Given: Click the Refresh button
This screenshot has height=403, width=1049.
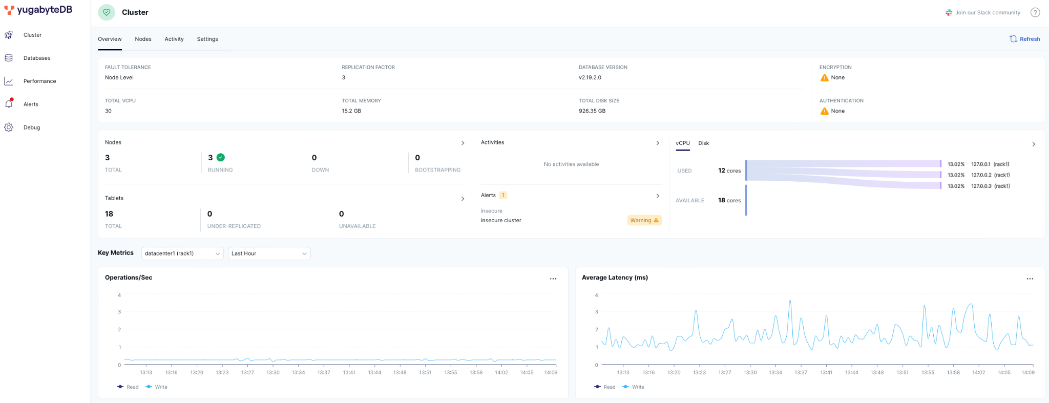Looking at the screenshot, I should pos(1024,39).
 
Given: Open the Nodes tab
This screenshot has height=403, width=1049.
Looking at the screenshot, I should pos(143,39).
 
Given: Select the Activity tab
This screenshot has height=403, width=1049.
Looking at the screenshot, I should pos(174,39).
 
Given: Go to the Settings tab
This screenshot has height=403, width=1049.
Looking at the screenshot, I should pos(207,39).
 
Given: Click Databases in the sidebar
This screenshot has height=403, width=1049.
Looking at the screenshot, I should pos(37,58).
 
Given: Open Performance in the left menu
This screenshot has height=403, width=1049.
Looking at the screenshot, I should pos(39,81).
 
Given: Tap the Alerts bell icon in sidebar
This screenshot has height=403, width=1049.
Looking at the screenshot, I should pos(9,103).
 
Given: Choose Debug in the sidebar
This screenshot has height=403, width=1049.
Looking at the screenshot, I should pos(31,128).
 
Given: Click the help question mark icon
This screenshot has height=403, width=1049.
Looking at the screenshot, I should pos(1035,13).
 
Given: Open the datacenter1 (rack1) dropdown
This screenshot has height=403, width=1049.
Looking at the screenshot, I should pos(182,253).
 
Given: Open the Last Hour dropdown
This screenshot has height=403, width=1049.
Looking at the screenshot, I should pos(269,253).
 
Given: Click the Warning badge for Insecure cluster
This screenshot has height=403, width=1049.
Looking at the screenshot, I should pos(644,220).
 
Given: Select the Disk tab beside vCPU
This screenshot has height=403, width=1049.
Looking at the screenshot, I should pos(704,143).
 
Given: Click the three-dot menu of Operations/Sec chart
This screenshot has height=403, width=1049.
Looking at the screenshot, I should pos(553,279).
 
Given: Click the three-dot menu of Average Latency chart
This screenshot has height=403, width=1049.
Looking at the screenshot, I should pos(1030,279).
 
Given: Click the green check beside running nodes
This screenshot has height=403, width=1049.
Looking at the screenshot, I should pos(221,157).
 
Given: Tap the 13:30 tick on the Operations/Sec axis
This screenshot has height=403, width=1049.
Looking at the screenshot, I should pos(273,372).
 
